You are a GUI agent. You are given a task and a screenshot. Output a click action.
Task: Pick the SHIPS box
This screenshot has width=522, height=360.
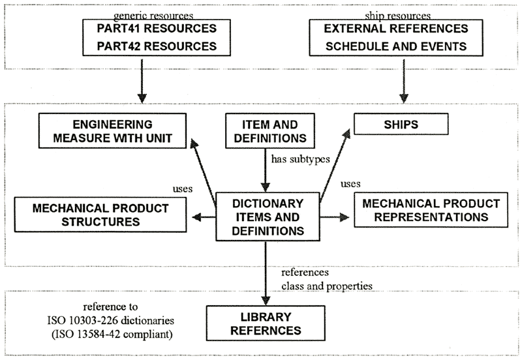(401, 123)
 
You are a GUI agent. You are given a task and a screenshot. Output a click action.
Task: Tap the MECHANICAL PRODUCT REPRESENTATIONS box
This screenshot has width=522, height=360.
(427, 209)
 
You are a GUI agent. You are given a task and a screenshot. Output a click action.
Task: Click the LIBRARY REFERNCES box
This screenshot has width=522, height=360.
(265, 322)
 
